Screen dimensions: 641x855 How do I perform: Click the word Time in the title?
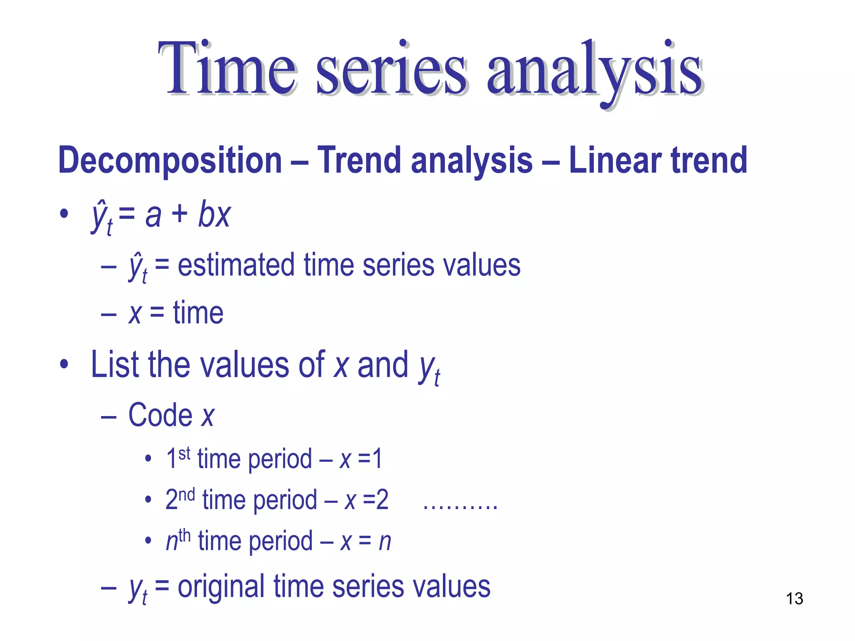point(228,69)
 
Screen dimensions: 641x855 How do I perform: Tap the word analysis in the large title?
point(595,71)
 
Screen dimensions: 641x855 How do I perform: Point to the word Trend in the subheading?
point(359,161)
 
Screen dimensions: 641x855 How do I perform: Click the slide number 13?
point(794,599)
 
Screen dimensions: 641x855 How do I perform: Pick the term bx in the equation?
point(214,215)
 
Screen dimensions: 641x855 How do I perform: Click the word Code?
point(160,415)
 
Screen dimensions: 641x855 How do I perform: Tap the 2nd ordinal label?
point(180,499)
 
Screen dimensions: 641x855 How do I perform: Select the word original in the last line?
point(221,587)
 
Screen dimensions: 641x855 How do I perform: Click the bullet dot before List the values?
point(64,364)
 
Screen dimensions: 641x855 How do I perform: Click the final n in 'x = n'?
point(384,542)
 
